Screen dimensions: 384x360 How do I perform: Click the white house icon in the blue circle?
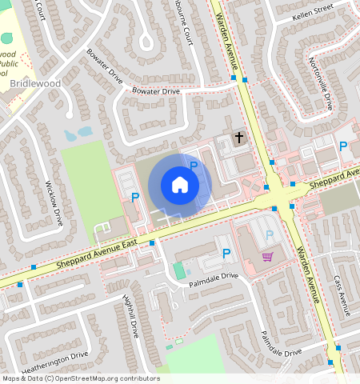click(x=180, y=185)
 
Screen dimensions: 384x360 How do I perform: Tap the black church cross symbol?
click(x=238, y=138)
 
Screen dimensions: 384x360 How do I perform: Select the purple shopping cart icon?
click(x=267, y=256)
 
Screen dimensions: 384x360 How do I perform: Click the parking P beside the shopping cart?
click(x=270, y=234)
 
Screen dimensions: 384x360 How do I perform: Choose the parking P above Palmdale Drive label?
click(x=226, y=254)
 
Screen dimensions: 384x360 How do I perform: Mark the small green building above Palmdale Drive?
click(x=179, y=270)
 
